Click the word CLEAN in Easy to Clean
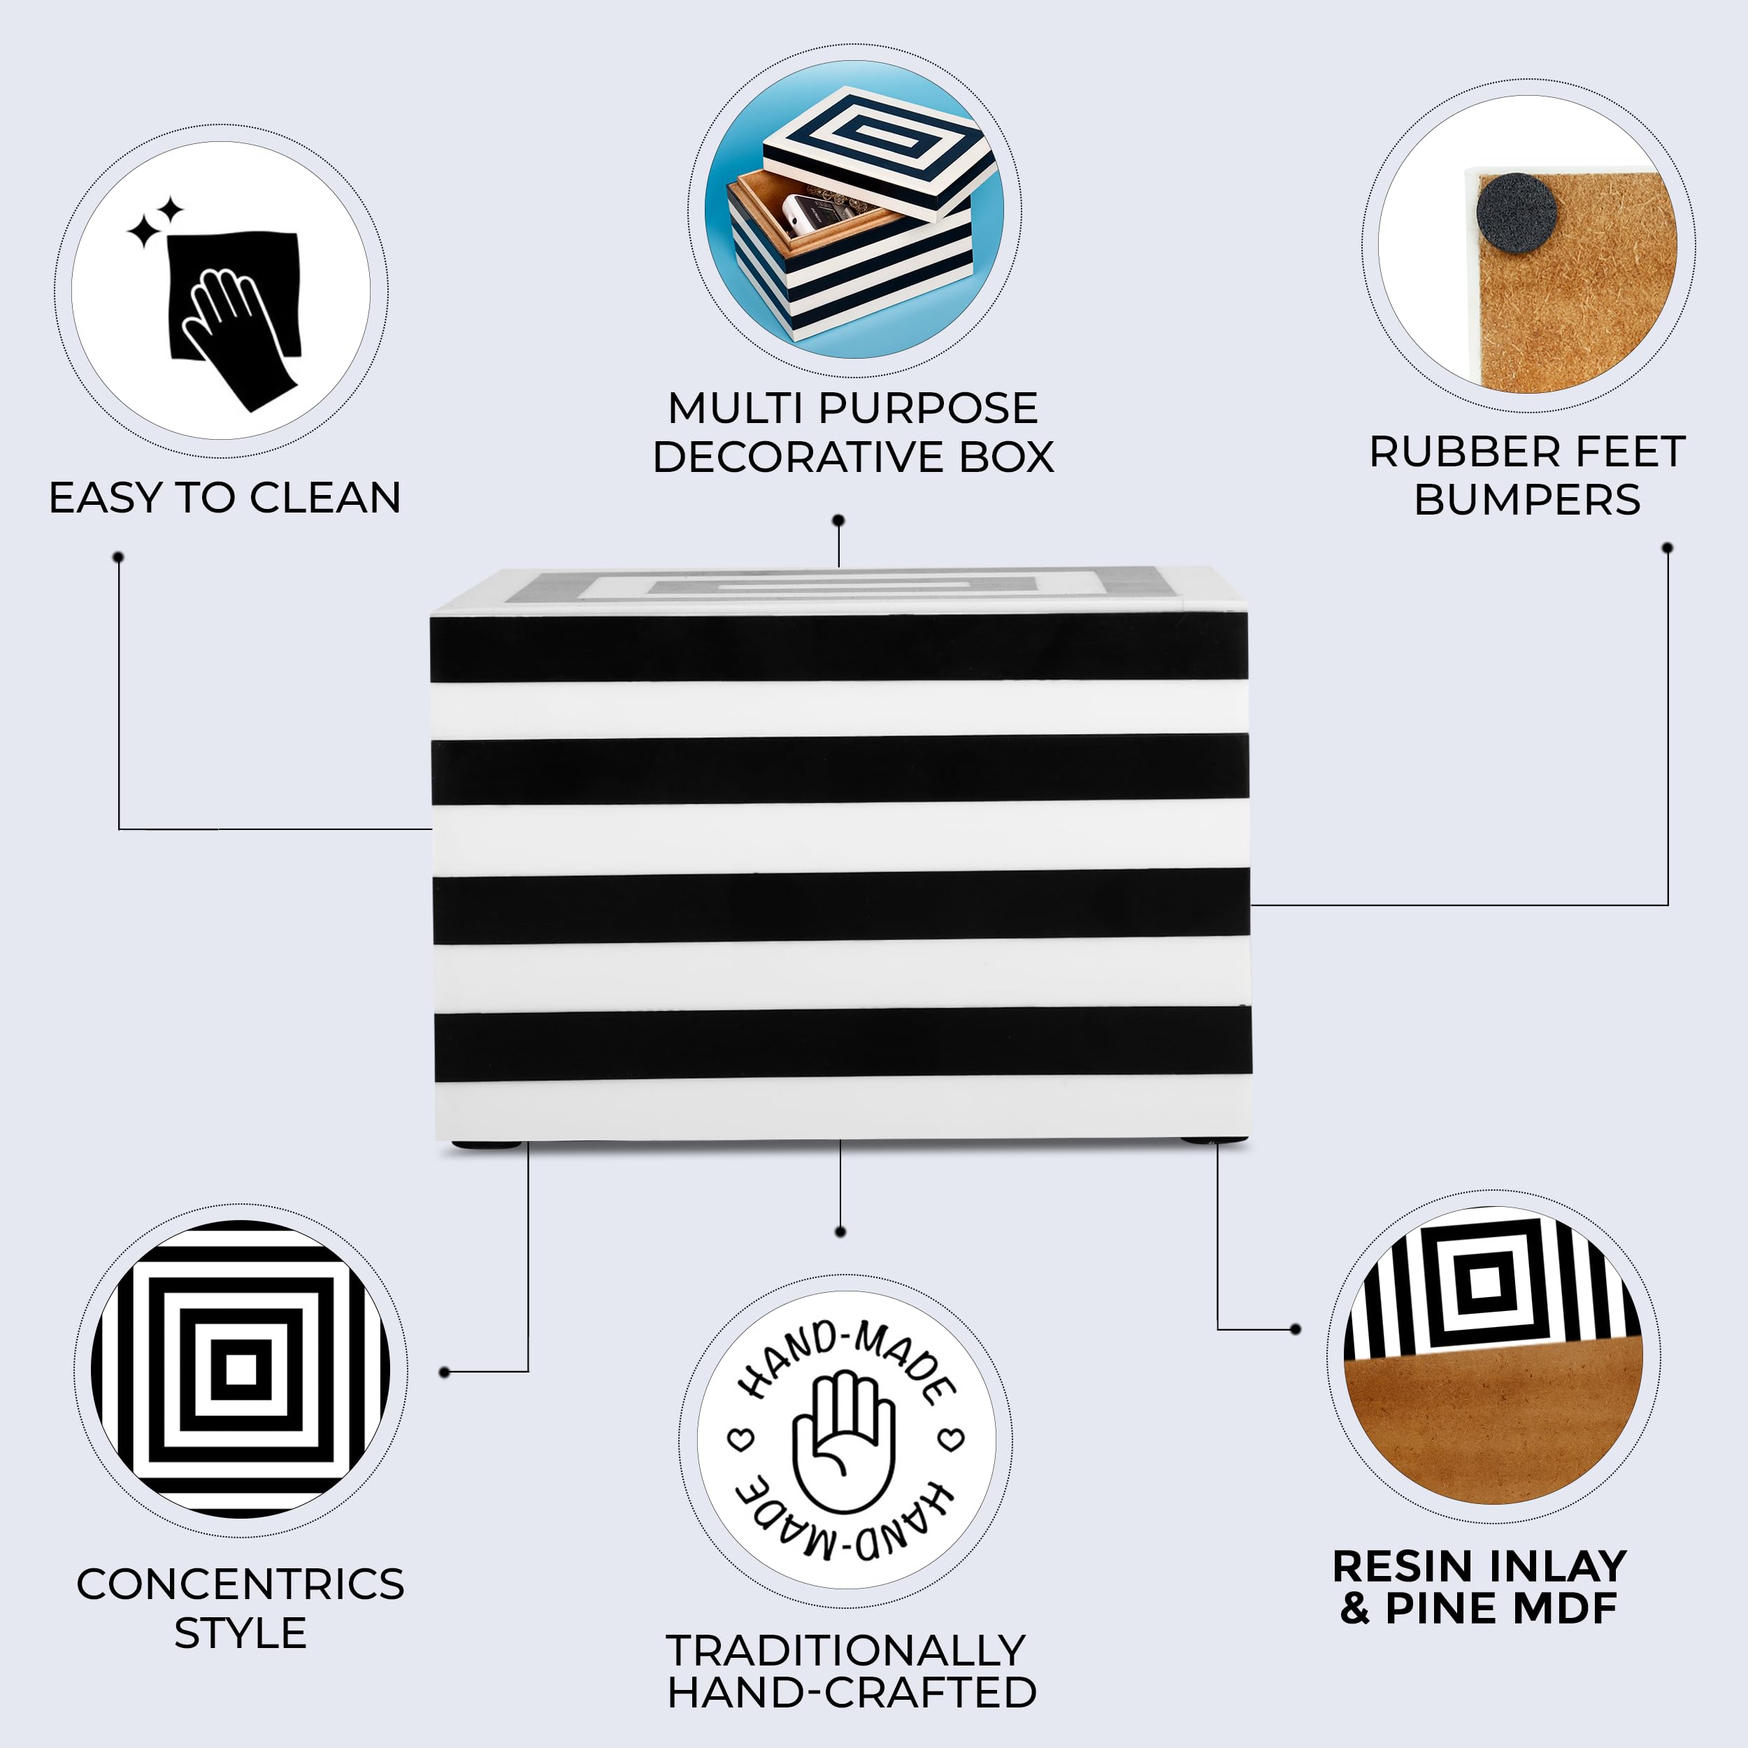point(325,499)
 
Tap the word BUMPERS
point(1527,501)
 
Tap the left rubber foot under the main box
point(487,1145)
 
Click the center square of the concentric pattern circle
point(241,1370)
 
